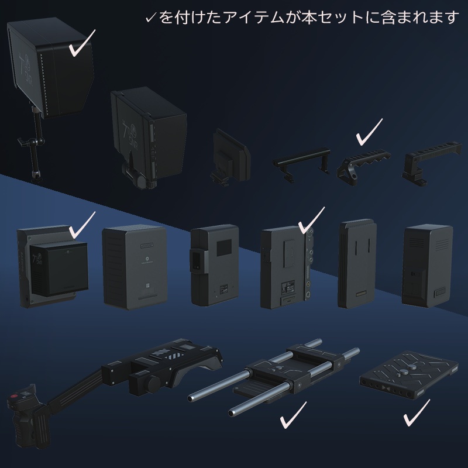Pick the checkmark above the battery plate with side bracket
tap(311, 220)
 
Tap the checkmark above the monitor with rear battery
tap(81, 223)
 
